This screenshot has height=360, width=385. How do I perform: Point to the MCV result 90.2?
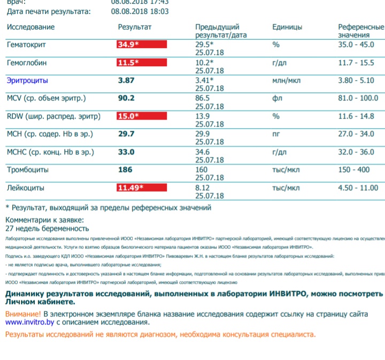pos(126,98)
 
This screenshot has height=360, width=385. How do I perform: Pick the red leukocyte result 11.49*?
pos(130,188)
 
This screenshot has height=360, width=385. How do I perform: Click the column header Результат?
pos(135,27)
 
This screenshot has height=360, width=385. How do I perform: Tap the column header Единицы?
pos(287,27)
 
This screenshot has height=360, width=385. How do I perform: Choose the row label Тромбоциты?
pos(28,170)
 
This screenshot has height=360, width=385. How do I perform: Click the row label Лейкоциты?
pos(26,188)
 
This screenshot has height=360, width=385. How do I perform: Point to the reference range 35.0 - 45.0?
pos(356,44)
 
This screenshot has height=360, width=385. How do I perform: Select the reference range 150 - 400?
pos(354,170)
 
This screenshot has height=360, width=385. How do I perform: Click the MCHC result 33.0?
pos(126,152)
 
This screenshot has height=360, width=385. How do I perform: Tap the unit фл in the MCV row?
pos(276,98)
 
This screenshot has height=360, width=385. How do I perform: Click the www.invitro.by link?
pos(29,322)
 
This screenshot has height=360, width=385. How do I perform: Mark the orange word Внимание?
pos(23,314)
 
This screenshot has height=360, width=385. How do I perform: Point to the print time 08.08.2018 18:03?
pos(140,11)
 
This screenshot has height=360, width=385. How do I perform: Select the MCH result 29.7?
pos(126,134)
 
